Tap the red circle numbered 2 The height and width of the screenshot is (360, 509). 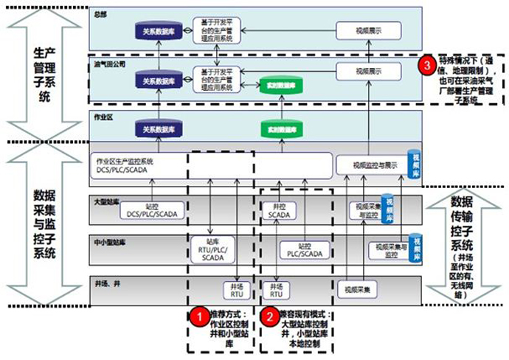click(x=270, y=316)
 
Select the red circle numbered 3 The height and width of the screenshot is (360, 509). click(x=424, y=65)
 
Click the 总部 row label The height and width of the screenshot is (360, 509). click(x=101, y=13)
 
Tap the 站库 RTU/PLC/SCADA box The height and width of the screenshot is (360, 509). click(x=212, y=250)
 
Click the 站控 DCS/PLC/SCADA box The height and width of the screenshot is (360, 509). click(x=152, y=210)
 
